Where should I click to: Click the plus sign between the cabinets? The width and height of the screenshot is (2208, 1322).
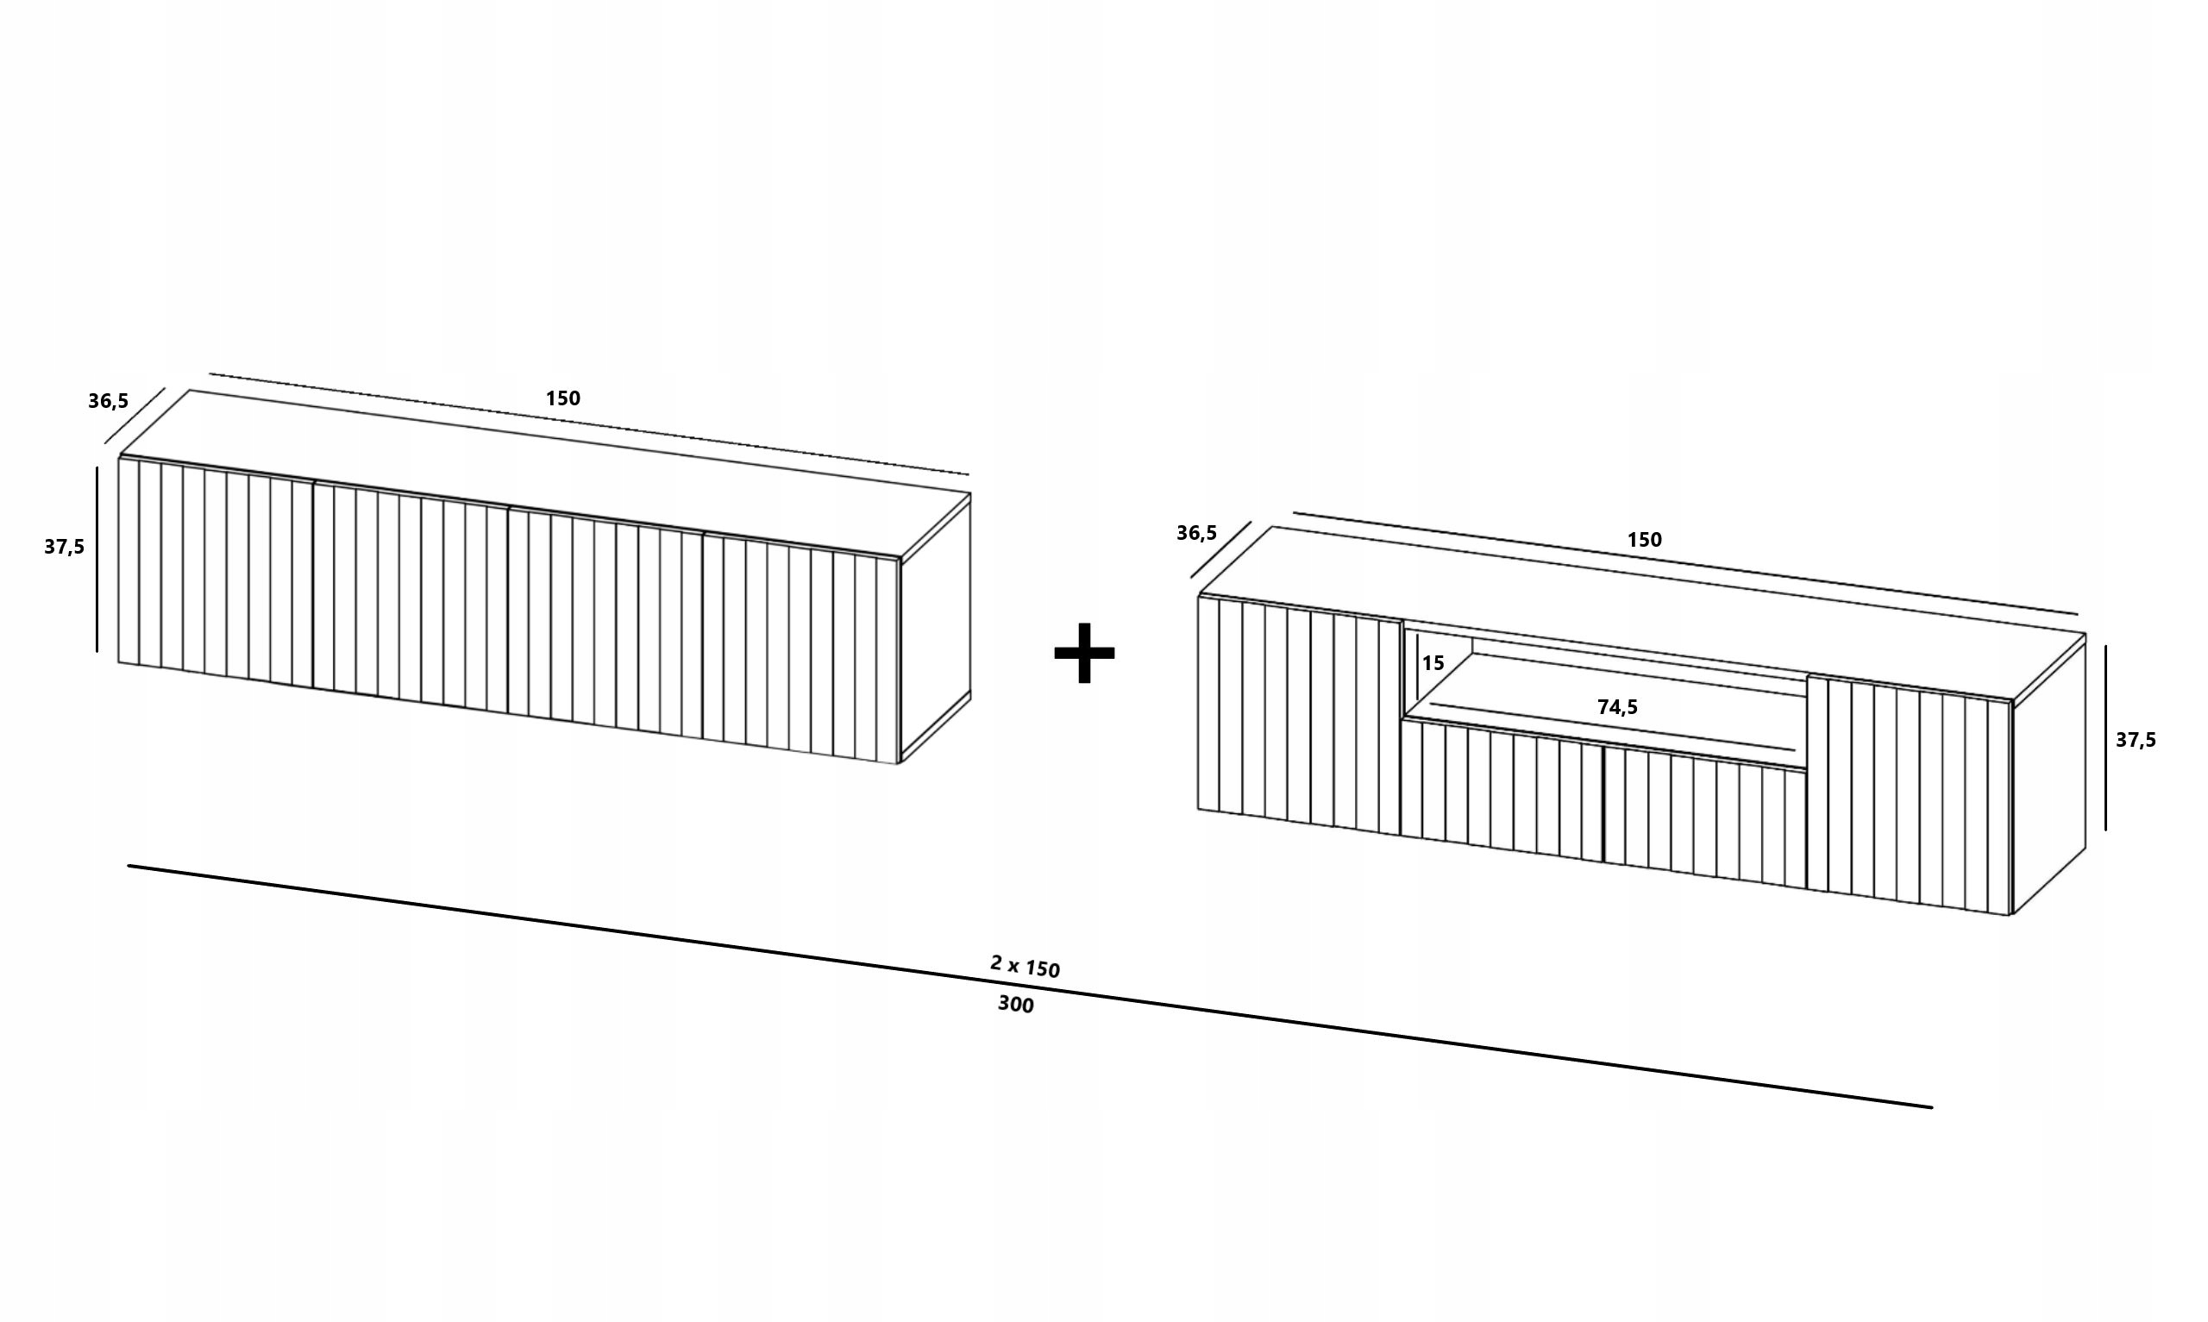1084,653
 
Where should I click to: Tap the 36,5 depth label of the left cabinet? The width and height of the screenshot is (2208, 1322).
108,401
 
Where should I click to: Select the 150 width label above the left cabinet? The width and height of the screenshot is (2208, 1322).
563,398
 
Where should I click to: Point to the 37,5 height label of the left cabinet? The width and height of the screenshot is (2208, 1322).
64,546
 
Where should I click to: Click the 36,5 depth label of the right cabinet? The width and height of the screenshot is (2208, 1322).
1196,533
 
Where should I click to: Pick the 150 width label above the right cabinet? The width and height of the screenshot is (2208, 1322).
1644,539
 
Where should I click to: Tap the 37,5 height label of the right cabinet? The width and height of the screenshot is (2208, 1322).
2136,739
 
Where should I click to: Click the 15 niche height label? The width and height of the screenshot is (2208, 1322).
1433,663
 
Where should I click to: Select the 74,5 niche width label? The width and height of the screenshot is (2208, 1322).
1617,707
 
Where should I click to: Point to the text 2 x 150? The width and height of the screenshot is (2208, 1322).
1026,966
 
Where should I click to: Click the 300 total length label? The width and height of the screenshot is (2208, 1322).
1015,1004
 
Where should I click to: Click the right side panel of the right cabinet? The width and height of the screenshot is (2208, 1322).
2048,775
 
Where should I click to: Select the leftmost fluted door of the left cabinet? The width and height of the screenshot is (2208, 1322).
216,574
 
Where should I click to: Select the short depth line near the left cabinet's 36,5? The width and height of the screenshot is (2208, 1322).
135,415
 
